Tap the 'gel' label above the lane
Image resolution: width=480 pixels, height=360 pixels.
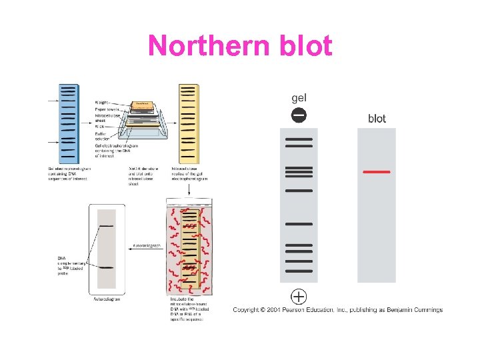(x=299, y=97)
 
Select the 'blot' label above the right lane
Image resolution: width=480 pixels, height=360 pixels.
(x=377, y=119)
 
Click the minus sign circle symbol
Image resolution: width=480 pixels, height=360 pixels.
(x=299, y=115)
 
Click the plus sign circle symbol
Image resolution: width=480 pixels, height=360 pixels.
(x=299, y=296)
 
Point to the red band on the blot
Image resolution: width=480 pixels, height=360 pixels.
(x=376, y=172)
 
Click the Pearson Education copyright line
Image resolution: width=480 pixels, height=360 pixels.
(x=337, y=310)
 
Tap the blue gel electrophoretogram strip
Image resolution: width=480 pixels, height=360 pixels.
(x=68, y=123)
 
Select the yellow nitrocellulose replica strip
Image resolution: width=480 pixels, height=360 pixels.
(x=189, y=123)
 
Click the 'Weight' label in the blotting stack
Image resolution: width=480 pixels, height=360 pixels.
(x=104, y=102)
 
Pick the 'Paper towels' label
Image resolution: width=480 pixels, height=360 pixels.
(x=107, y=108)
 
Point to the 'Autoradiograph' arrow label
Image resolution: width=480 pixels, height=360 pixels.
(x=146, y=246)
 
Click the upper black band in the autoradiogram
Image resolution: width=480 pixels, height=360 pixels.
(x=107, y=227)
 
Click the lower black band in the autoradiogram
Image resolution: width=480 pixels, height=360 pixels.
(x=107, y=267)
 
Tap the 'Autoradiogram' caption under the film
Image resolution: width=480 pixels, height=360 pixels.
(x=107, y=299)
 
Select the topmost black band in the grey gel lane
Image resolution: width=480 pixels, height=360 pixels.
(x=299, y=139)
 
